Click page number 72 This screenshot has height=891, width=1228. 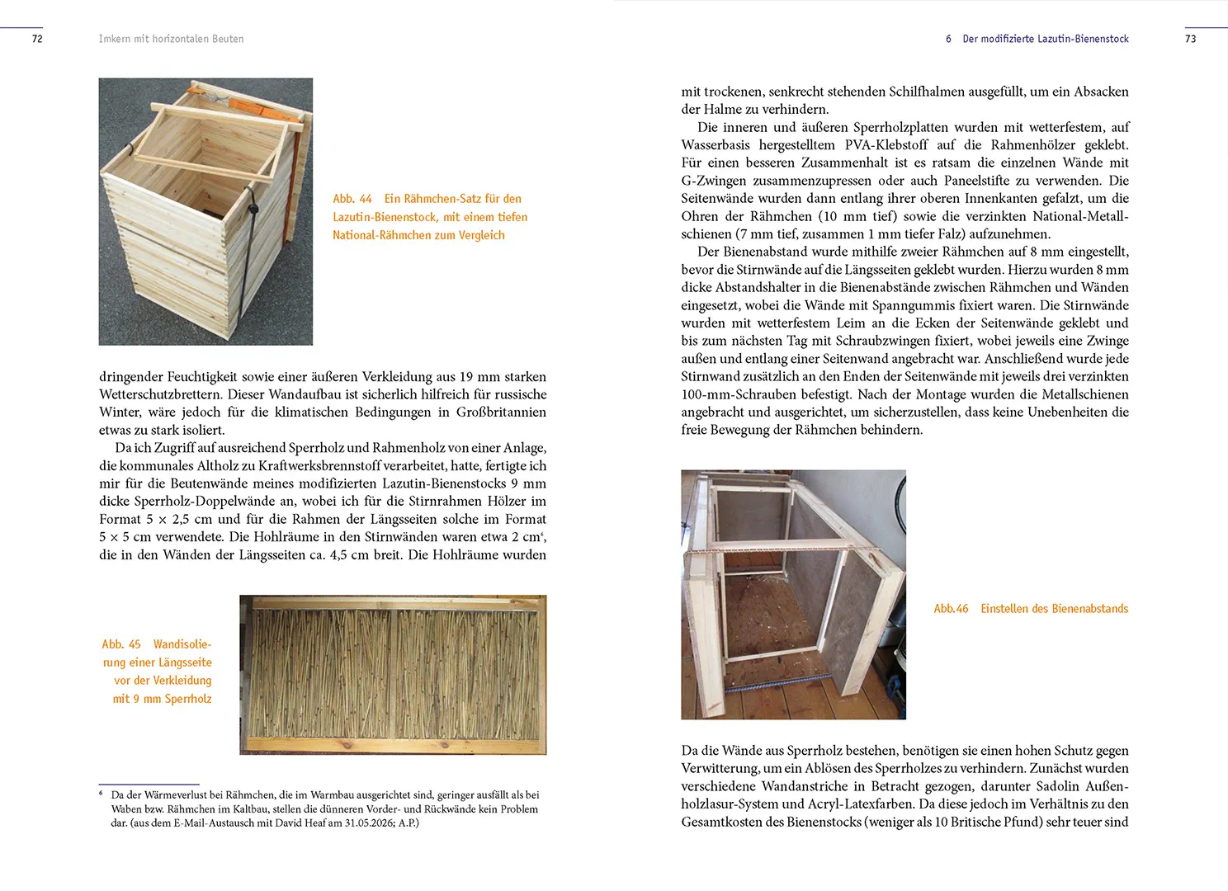(37, 39)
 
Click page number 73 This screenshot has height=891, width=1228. (1190, 39)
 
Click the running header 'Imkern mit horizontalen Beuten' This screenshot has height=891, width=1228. (171, 39)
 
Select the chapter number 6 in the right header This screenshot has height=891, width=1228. (948, 39)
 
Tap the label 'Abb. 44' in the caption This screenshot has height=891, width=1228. (352, 198)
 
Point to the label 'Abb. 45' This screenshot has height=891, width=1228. (121, 643)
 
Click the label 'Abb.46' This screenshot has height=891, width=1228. (952, 608)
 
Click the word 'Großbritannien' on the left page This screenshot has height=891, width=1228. (501, 412)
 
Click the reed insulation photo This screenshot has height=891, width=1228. (393, 675)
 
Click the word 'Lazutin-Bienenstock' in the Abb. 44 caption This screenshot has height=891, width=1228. (385, 217)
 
